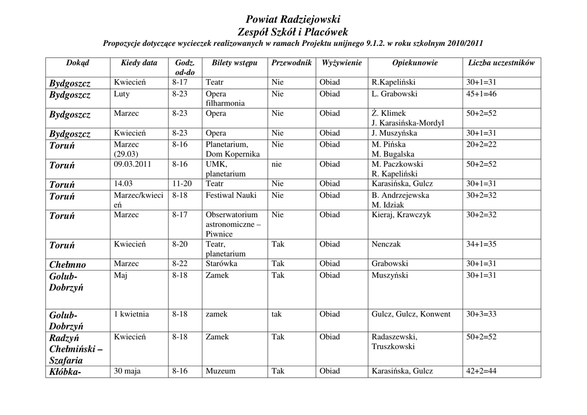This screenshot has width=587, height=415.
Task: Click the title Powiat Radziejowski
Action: coord(293,19)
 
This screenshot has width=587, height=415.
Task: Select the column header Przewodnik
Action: coord(291,62)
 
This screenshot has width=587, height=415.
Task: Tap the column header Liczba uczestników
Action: coord(501,62)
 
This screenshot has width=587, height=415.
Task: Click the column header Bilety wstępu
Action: coord(234,62)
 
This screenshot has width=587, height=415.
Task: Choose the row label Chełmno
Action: coord(68,264)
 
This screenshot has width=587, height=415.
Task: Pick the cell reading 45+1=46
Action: coord(481,94)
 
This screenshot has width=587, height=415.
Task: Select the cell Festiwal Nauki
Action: coord(231,195)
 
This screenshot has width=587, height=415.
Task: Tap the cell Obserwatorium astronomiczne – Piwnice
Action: coord(233,225)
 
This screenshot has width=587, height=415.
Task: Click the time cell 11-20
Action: coord(182,184)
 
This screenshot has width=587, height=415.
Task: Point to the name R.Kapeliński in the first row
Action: coord(393,83)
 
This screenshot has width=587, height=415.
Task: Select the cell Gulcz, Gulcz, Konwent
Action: coord(411,314)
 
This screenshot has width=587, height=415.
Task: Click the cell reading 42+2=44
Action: coord(481,371)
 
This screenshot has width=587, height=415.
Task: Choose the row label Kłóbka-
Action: coord(65,372)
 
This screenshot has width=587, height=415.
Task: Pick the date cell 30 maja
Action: coord(127,371)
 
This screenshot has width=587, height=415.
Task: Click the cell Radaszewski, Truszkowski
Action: coord(394,342)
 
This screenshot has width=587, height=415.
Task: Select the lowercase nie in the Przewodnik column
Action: coord(277,164)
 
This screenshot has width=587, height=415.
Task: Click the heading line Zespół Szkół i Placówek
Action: coord(293,32)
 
